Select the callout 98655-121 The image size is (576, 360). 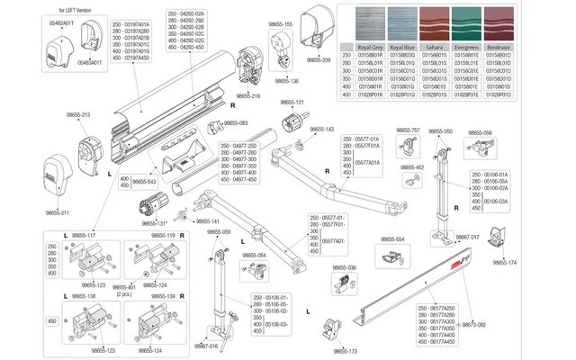[x=300, y=103]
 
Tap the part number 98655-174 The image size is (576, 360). [x=531, y=263]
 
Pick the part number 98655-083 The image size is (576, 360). [x=235, y=123]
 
